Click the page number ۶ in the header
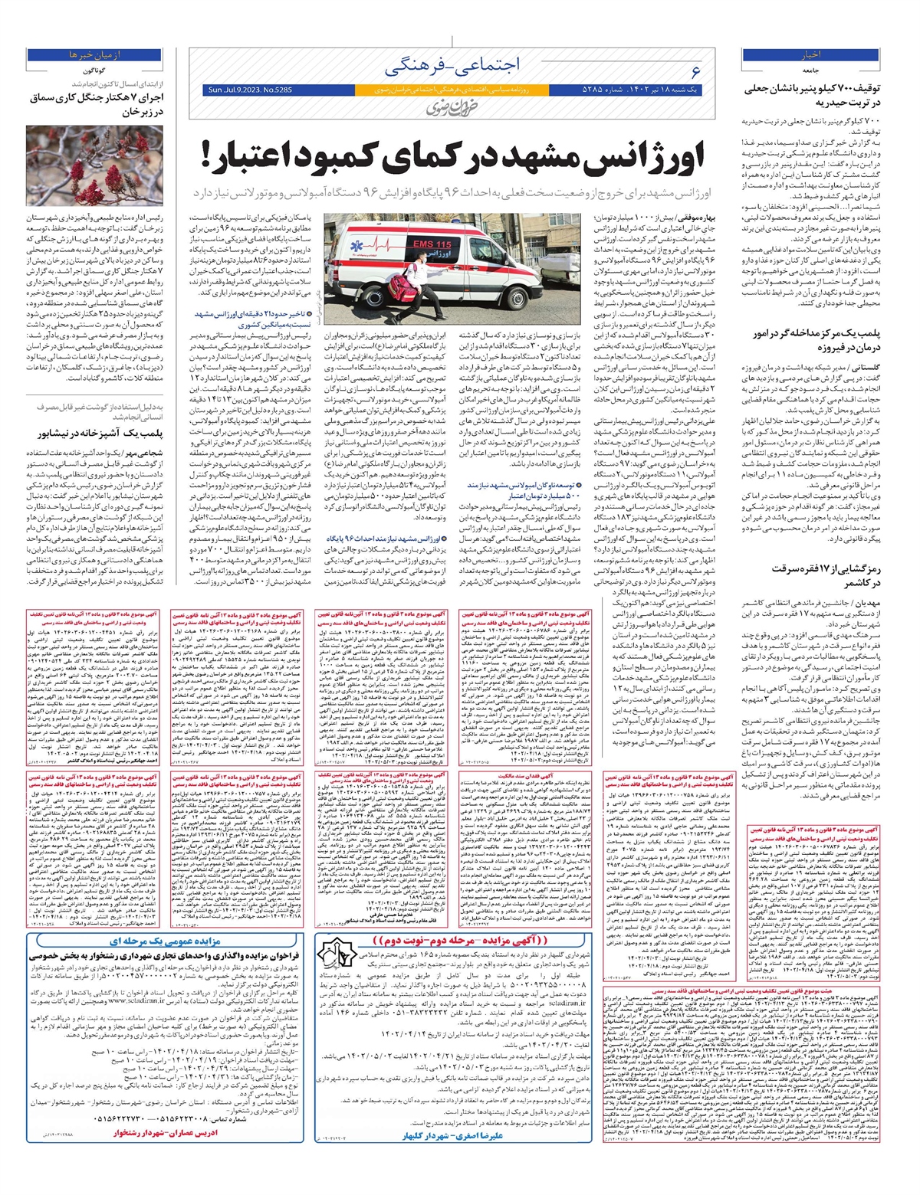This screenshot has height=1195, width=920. pyautogui.click(x=695, y=71)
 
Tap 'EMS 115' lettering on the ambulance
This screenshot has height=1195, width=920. pyautogui.click(x=432, y=244)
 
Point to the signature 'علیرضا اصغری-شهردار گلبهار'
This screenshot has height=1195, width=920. pyautogui.click(x=452, y=1135)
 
